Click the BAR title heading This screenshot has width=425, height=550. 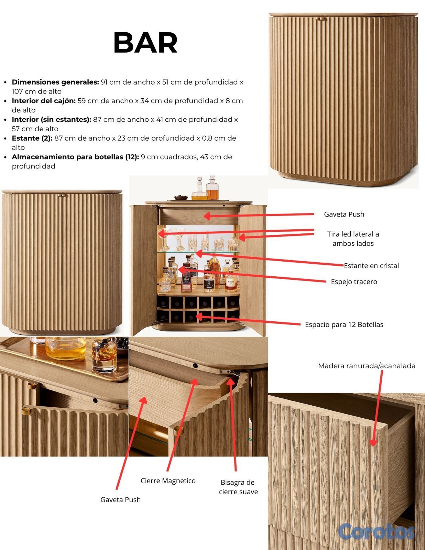click(145, 42)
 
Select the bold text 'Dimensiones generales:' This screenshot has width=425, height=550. click(55, 82)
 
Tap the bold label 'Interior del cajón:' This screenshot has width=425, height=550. click(44, 101)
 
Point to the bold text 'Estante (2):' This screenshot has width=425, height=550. click(32, 138)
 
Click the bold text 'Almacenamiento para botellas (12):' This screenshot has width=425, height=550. click(75, 157)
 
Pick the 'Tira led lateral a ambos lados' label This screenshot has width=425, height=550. click(353, 239)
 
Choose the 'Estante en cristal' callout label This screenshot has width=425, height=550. click(371, 265)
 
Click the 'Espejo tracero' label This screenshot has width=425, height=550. click(354, 282)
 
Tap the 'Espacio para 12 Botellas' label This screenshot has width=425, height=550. click(344, 324)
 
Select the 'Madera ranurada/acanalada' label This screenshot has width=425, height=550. click(367, 366)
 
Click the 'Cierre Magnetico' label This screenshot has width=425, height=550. click(168, 481)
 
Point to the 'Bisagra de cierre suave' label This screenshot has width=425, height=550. click(238, 487)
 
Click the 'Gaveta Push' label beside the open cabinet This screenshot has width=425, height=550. click(344, 214)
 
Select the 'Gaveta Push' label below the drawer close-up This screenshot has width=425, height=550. click(120, 499)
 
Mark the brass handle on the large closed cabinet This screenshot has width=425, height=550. click(321, 19)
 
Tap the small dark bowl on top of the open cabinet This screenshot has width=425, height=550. click(181, 197)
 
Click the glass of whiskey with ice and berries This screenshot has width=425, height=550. click(104, 354)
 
